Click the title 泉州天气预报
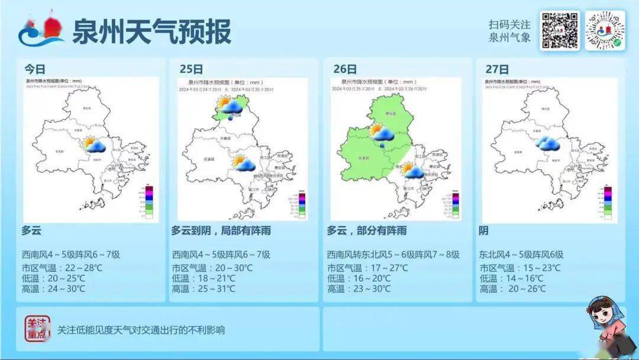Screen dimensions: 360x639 [151, 31]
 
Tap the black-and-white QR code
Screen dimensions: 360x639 [559, 31]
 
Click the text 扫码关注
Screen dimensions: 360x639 [509, 25]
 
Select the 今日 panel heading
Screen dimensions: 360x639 [35, 68]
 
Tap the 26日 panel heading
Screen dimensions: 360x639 [344, 69]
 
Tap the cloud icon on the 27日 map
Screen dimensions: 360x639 [548, 144]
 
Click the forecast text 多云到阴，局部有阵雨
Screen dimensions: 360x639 [221, 230]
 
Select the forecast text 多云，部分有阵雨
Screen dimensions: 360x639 [366, 230]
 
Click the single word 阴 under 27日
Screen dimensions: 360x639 [484, 230]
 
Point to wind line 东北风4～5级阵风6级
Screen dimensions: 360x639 [521, 255]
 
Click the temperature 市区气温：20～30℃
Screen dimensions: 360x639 [212, 268]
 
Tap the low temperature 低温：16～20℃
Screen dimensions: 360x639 [359, 278]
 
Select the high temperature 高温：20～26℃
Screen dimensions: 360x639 [512, 289]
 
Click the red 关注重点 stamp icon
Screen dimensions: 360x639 [37, 329]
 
